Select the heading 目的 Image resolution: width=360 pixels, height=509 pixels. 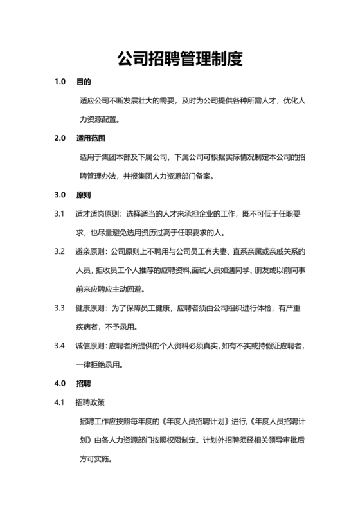click(84, 83)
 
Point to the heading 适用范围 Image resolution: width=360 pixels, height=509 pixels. click(91, 138)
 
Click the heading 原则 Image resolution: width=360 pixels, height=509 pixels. click(84, 194)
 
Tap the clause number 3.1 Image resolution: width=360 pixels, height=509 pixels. click(60, 213)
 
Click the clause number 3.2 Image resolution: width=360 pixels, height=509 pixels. click(60, 251)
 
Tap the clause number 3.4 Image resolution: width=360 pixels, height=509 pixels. click(60, 346)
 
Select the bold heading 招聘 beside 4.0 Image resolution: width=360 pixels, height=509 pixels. click(84, 384)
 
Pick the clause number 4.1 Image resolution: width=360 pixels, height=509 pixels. click(60, 403)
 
